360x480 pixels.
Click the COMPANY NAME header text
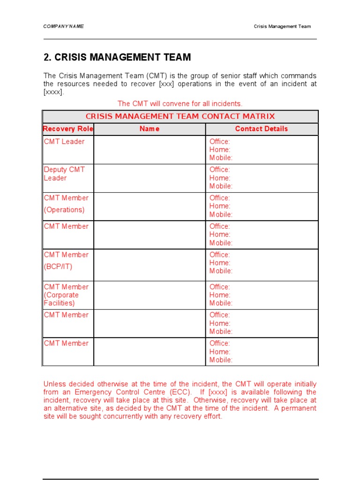[x=63, y=26]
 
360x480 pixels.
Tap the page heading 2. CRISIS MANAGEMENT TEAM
[x=117, y=57]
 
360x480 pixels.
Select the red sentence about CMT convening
[x=180, y=104]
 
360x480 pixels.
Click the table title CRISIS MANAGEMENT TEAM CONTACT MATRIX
[x=180, y=116]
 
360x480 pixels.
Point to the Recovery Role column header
[x=68, y=129]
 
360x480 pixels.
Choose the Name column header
[x=150, y=129]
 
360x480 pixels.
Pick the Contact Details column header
[x=262, y=129]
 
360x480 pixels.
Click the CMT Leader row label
[x=64, y=142]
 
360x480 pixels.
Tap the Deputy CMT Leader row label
[x=64, y=174]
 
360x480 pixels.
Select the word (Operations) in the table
[x=64, y=210]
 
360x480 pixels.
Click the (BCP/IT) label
[x=58, y=267]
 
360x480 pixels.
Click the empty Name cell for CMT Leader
[x=150, y=150]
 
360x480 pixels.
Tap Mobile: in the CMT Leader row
[x=221, y=158]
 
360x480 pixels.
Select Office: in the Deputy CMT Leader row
[x=220, y=170]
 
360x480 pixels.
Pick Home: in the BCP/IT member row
[x=220, y=263]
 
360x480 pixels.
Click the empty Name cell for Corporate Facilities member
[x=150, y=295]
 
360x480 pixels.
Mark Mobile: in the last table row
[x=221, y=360]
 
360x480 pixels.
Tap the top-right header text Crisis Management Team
[x=282, y=26]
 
